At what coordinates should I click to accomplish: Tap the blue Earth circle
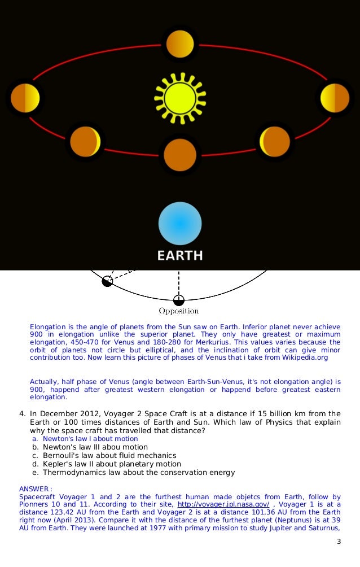[x=180, y=224]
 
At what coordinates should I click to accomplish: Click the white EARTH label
[x=180, y=255]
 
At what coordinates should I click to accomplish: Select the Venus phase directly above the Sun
[x=180, y=43]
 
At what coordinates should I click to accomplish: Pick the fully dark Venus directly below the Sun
[x=180, y=154]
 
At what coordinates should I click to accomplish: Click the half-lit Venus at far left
[x=25, y=98]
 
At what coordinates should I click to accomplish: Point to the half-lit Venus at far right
[x=335, y=98]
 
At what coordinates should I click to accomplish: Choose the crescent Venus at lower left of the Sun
[x=85, y=142]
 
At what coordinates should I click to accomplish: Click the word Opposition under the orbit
[x=179, y=311]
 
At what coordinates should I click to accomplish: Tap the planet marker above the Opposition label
[x=179, y=300]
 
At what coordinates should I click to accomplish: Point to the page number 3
[x=339, y=542]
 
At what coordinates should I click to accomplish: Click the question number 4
[x=22, y=413]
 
